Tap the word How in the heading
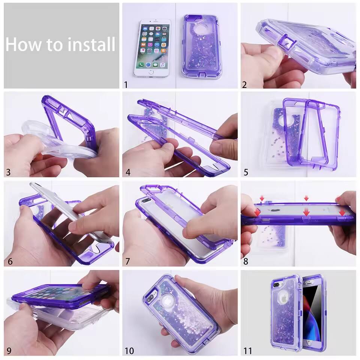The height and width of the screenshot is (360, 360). point(24,44)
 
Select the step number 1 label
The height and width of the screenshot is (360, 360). point(126,85)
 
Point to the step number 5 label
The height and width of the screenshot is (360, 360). point(246,172)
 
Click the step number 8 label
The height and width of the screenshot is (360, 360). point(246,261)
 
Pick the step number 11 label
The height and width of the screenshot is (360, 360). point(247,351)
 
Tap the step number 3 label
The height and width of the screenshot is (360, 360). point(8,172)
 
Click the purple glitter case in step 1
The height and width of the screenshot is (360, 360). point(202,47)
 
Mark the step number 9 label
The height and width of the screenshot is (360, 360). point(8,351)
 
